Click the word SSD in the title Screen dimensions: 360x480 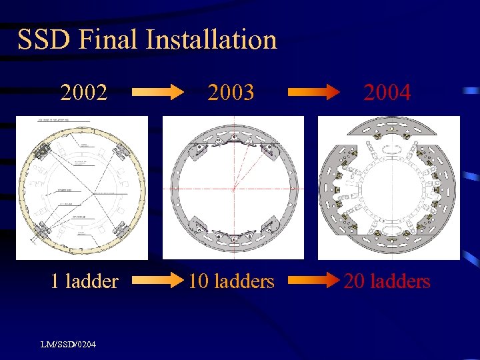43,40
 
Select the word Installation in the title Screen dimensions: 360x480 211,40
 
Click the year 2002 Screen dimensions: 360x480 83,93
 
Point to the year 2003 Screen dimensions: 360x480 231,93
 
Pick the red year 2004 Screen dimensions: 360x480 387,93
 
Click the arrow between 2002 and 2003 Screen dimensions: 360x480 157,93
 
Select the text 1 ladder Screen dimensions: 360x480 85,281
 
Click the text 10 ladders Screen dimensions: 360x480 231,281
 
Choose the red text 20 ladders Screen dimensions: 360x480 387,281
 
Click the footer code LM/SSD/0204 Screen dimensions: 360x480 67,344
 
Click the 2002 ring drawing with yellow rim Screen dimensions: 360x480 82,187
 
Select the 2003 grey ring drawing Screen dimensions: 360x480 233,187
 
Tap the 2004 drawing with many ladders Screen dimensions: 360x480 389,193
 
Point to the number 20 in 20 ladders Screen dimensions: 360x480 353,281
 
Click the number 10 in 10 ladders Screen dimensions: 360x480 197,281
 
